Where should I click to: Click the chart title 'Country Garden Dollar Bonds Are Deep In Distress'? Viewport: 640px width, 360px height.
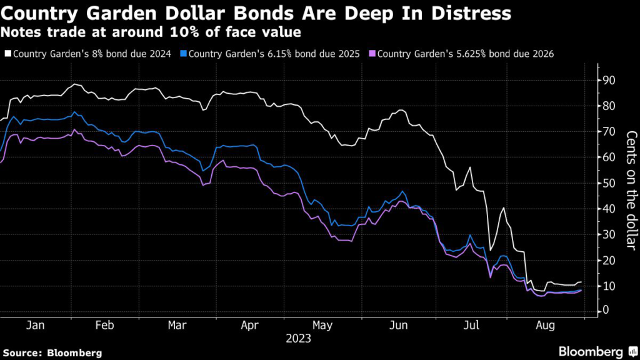point(256,13)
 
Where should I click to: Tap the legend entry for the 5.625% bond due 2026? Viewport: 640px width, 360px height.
point(466,54)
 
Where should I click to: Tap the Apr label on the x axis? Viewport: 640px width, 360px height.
point(250,326)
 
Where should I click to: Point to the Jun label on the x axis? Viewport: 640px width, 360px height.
point(398,326)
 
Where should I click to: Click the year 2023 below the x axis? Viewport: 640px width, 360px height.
point(299,339)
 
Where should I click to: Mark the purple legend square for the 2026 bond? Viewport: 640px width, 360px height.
point(372,54)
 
